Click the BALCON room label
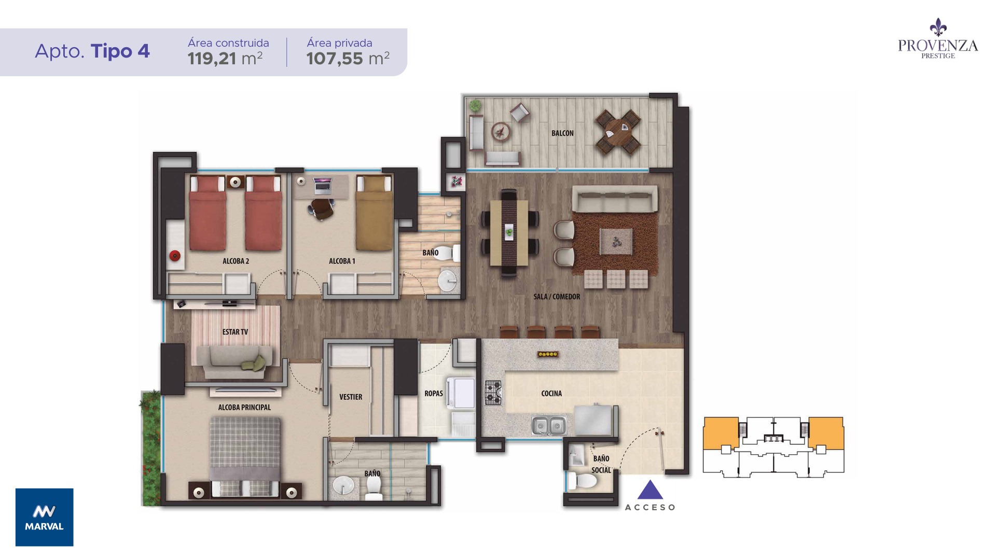pos(562,133)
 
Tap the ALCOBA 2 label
pos(236,261)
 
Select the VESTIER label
pos(351,397)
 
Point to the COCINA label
pos(551,394)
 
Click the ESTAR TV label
pos(235,332)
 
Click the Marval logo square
pos(45,517)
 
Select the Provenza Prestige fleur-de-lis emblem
pos(938,27)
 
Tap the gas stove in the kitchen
pos(493,393)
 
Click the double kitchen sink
pos(549,426)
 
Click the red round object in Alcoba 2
pos(175,256)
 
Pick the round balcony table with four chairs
pos(618,132)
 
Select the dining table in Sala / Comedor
pos(509,232)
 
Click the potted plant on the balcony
pos(475,106)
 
